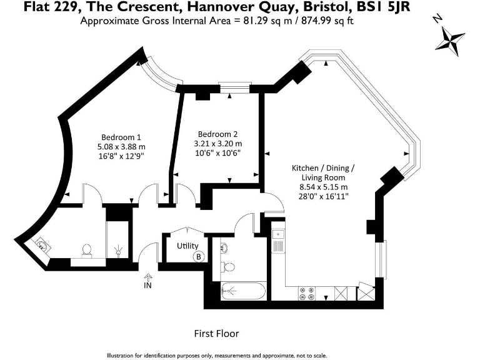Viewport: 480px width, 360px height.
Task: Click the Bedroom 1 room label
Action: click(x=121, y=137)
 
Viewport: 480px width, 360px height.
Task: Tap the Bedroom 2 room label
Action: click(x=217, y=134)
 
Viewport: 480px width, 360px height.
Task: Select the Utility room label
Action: click(x=187, y=246)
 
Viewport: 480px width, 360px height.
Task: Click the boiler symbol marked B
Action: click(x=199, y=256)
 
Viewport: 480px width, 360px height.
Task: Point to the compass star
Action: click(x=450, y=41)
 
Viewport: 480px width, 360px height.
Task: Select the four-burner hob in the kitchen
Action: click(x=307, y=293)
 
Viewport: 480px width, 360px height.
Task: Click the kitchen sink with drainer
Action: click(x=278, y=241)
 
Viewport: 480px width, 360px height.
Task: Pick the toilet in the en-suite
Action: click(x=87, y=250)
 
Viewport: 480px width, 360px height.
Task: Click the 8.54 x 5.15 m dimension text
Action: click(x=324, y=187)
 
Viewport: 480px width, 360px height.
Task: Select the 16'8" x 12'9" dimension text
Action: click(x=121, y=156)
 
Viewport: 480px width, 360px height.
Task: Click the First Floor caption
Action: click(x=216, y=333)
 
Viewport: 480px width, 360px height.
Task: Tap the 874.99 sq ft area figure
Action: click(x=327, y=21)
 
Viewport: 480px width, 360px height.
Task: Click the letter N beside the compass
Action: click(x=438, y=19)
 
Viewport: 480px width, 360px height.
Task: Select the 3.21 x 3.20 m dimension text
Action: click(x=218, y=144)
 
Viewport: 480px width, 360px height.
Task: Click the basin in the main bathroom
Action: click(x=224, y=247)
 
